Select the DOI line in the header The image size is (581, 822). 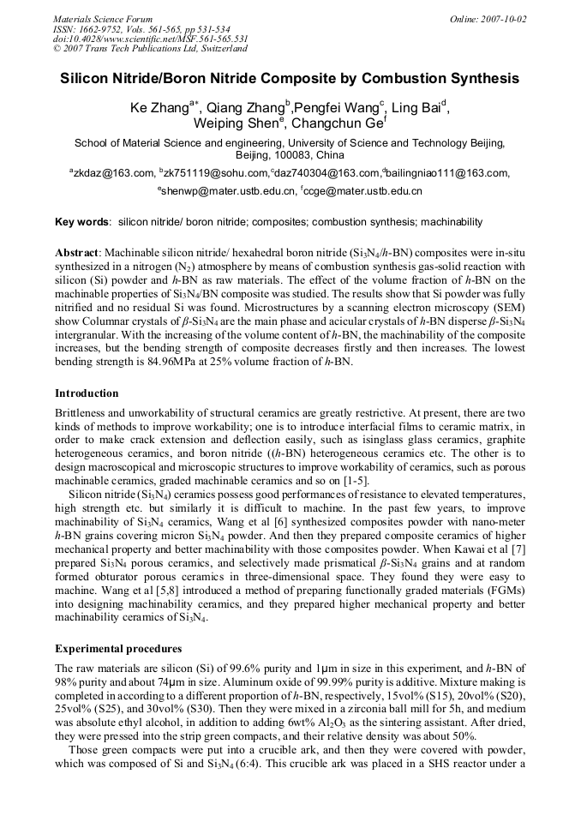click(150, 39)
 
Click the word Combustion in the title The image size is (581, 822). click(401, 78)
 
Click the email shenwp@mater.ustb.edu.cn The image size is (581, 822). click(228, 191)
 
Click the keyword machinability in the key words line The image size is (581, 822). click(453, 222)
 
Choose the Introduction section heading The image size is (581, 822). click(87, 393)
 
